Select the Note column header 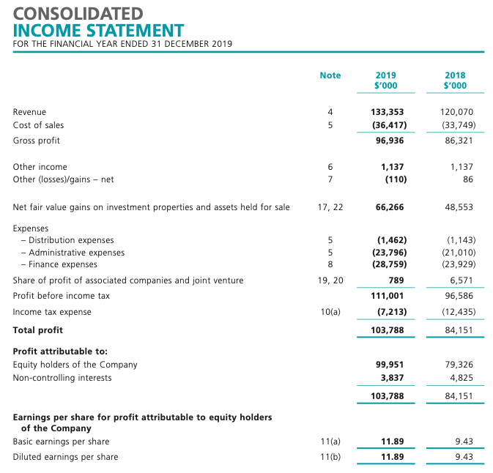pos(330,75)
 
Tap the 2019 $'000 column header pos(385,81)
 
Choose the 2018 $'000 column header pos(455,81)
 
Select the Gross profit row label pos(37,140)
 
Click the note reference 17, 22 pos(330,207)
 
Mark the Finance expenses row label pos(62,264)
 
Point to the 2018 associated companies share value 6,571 pos(461,280)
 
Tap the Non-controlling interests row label pos(62,378)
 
